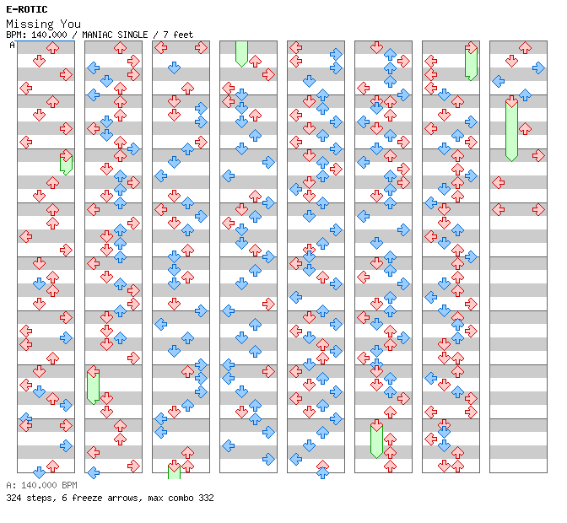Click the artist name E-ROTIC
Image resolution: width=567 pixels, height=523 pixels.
[x=27, y=10]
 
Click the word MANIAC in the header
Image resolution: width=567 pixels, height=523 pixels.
[x=101, y=35]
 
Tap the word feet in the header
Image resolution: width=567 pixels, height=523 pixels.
[x=182, y=35]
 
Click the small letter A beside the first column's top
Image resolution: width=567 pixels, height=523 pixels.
[x=13, y=45]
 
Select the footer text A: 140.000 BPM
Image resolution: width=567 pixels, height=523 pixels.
[x=41, y=486]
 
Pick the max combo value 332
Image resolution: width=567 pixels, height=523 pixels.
[x=205, y=498]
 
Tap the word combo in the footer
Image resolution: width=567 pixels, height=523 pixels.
[x=179, y=498]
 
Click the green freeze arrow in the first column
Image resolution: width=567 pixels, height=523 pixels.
[x=66, y=163]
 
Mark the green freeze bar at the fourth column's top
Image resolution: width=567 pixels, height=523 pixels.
[x=241, y=53]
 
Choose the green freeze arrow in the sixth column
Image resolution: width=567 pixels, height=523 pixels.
[x=376, y=441]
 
